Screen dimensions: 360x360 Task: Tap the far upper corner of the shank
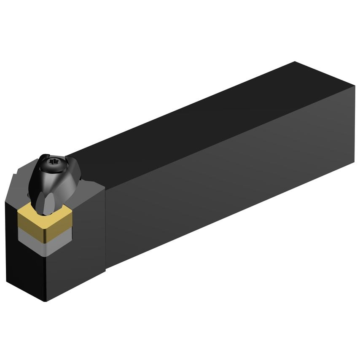(x=295, y=62)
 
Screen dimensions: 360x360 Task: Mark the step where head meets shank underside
(x=106, y=268)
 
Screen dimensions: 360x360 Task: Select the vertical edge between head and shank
(x=105, y=228)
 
